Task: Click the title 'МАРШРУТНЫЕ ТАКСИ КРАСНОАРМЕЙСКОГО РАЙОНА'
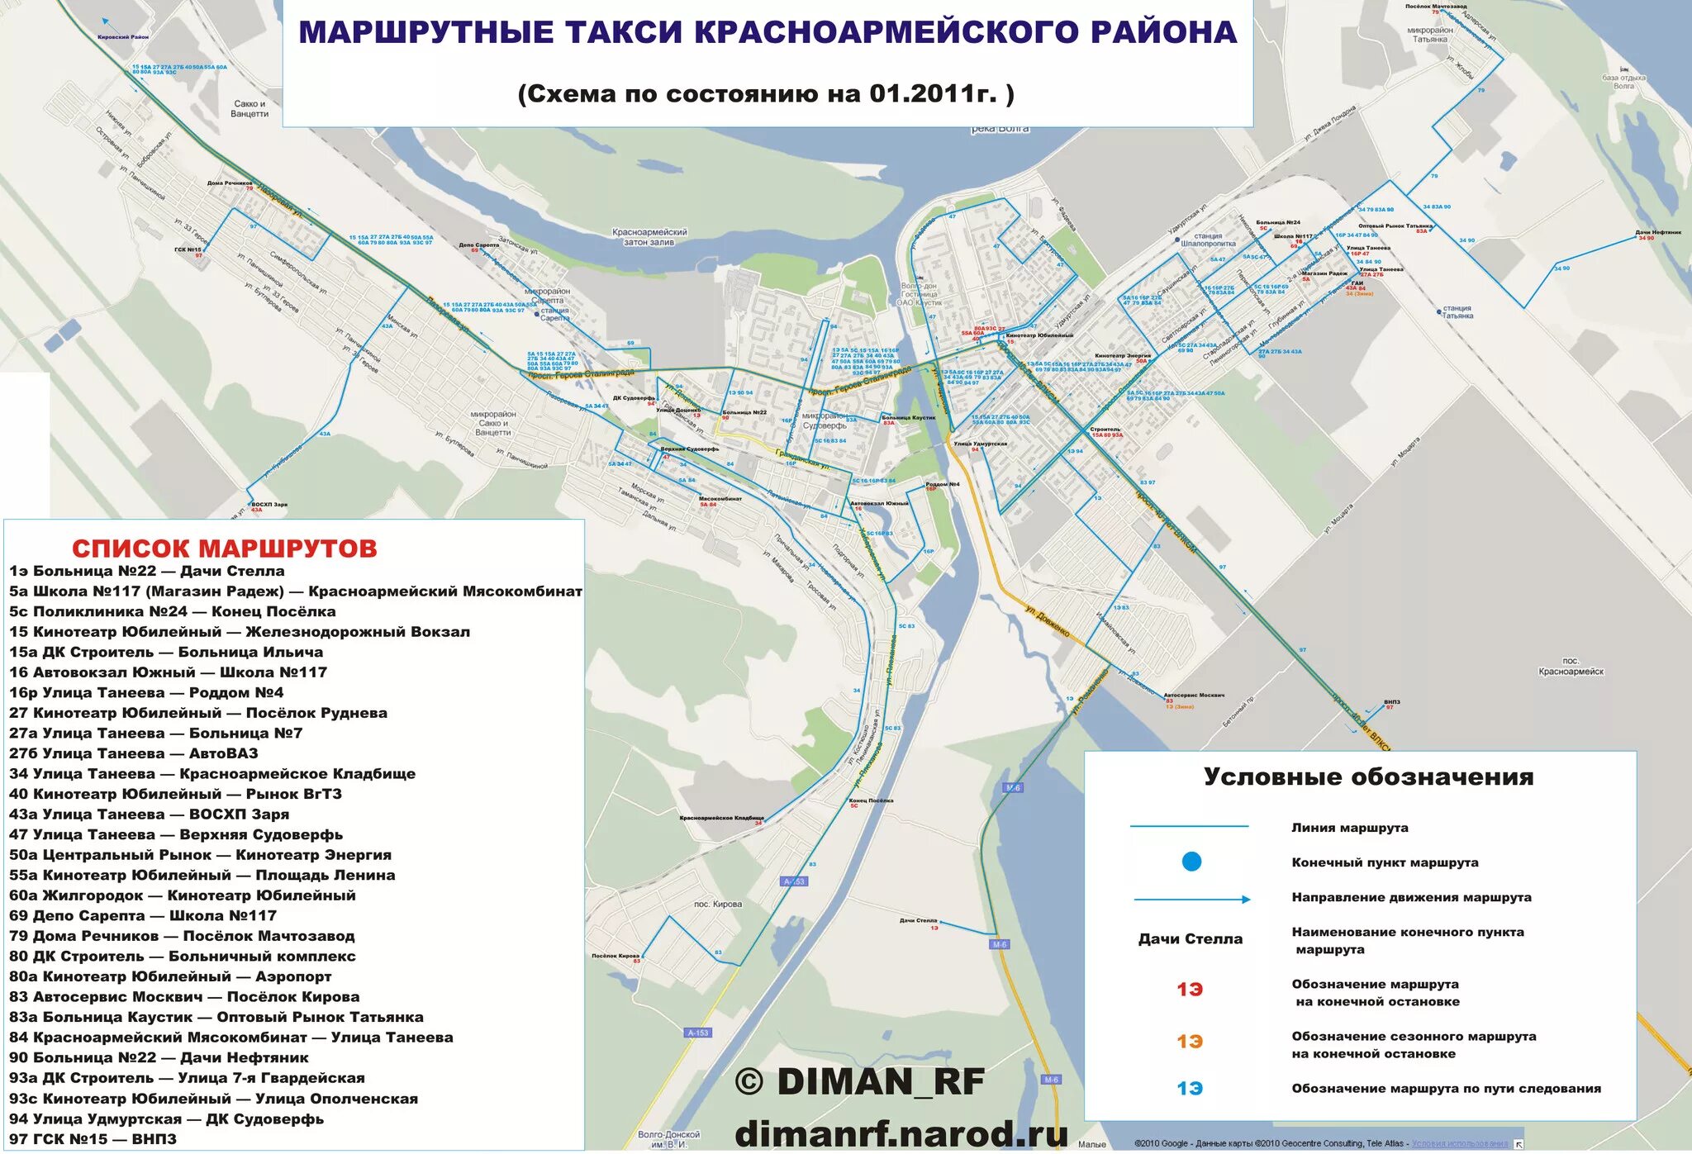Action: point(768,32)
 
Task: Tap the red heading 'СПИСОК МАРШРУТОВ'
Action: point(224,549)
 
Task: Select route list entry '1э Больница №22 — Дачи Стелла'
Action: point(147,571)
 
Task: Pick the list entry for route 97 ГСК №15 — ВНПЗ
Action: point(93,1139)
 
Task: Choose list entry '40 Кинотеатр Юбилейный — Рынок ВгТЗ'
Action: point(175,794)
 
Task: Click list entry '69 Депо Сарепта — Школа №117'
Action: point(143,915)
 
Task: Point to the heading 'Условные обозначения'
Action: point(1368,777)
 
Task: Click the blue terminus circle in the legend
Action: point(1191,862)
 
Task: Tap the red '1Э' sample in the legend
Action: point(1190,990)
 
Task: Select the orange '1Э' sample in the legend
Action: point(1190,1042)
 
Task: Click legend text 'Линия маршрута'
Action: point(1350,828)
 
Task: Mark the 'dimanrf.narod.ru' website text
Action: point(901,1133)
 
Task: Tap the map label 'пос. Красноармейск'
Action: point(1571,666)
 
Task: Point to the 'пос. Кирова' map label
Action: point(717,904)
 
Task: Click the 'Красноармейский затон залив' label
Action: point(649,237)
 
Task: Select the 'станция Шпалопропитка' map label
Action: point(1208,240)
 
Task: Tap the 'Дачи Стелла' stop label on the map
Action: point(919,920)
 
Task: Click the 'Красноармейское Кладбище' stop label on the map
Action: point(721,818)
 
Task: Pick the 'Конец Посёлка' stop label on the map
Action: point(870,800)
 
